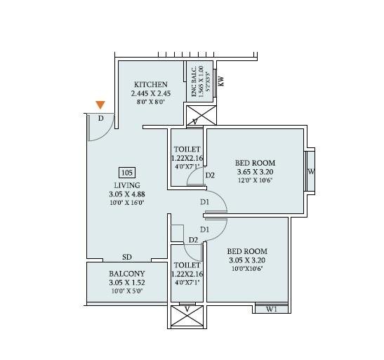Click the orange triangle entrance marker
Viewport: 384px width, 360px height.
101,105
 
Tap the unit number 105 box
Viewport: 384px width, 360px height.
127,172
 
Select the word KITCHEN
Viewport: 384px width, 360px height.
150,85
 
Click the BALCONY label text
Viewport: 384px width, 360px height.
126,274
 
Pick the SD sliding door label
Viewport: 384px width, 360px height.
127,258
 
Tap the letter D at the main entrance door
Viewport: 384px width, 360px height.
101,119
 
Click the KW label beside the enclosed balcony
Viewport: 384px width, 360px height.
221,81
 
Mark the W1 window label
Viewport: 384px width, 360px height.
272,309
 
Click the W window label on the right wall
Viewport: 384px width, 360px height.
311,172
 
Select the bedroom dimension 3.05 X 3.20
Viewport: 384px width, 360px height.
247,260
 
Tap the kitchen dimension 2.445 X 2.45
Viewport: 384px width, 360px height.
150,93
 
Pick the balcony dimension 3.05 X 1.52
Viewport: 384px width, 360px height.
126,282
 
